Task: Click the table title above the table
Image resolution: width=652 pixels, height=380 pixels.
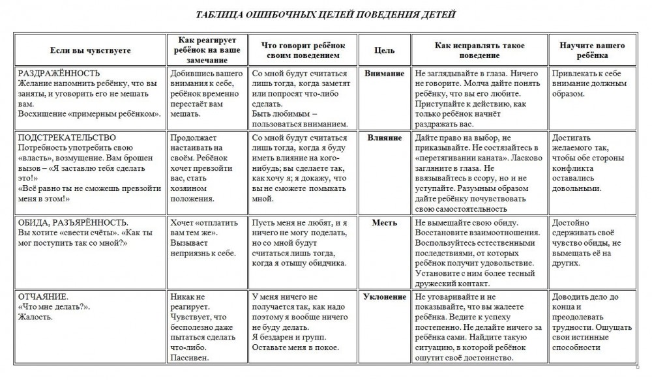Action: coord(326,14)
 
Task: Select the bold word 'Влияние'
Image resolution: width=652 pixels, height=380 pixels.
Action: coord(385,138)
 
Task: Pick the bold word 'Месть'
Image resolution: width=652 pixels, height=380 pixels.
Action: coord(385,222)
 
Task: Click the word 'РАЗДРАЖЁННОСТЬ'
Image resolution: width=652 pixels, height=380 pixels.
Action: coord(59,74)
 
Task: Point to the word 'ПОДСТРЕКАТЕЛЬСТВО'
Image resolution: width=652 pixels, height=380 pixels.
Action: coord(67,138)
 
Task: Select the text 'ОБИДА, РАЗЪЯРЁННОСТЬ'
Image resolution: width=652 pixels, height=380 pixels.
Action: coord(72,222)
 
